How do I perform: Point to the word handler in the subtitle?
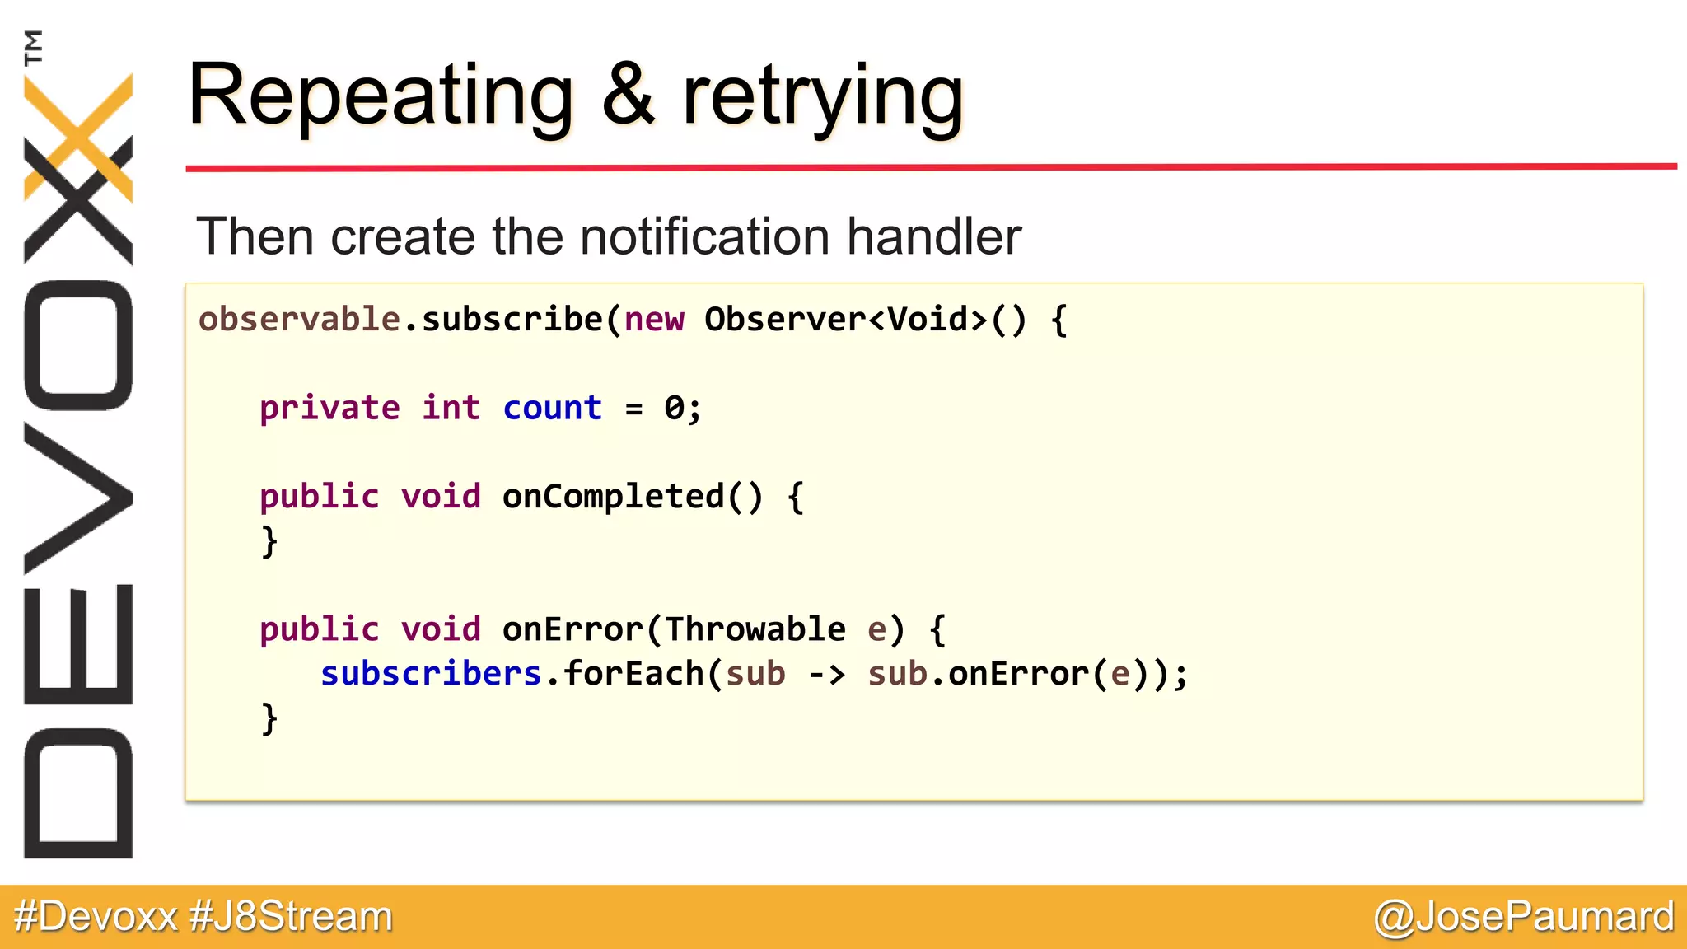tap(934, 236)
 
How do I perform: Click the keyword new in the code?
tap(654, 320)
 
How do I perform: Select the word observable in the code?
tap(299, 320)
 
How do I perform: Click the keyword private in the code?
tap(329, 408)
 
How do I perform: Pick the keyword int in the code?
tap(451, 408)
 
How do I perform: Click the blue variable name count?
tap(552, 408)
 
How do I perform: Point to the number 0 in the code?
tap(674, 408)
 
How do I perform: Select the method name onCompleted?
tap(613, 497)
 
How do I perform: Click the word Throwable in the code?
tap(755, 629)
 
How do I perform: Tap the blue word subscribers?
tap(431, 674)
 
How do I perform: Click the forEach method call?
tap(633, 674)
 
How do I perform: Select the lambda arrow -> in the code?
tap(826, 675)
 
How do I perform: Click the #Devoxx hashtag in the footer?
tap(96, 916)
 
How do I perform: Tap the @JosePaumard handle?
tap(1524, 916)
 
